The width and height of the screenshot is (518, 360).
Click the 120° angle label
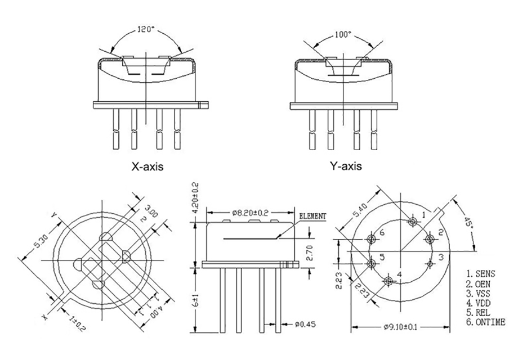[147, 30]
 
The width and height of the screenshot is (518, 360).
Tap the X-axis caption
[147, 167]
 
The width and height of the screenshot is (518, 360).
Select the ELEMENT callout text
[313, 216]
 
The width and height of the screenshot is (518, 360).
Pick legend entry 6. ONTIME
[485, 322]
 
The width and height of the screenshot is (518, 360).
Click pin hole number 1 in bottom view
[414, 222]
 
